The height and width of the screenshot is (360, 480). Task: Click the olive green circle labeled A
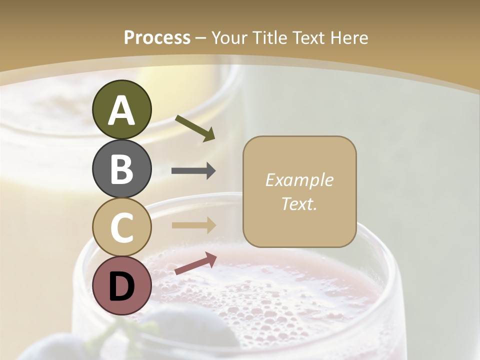click(x=121, y=109)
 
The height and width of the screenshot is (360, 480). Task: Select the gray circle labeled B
click(x=121, y=168)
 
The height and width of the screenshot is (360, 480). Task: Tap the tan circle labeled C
click(x=121, y=227)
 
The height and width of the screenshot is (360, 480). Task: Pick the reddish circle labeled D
click(x=121, y=285)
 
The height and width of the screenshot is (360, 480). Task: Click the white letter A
click(x=121, y=110)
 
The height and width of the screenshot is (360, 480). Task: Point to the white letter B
click(x=121, y=169)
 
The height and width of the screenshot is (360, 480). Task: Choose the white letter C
click(x=121, y=227)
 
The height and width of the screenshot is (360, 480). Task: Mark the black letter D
click(x=121, y=286)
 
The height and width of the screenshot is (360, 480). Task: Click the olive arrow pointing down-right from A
click(x=195, y=128)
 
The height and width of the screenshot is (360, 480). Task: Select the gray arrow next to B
click(x=193, y=171)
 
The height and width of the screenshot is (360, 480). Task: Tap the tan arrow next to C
click(x=193, y=225)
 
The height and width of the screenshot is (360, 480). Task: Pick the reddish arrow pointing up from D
click(x=195, y=263)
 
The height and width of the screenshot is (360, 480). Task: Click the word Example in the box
click(x=299, y=180)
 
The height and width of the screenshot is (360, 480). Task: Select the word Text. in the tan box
click(x=299, y=203)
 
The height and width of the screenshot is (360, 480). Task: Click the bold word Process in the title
click(x=157, y=38)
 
